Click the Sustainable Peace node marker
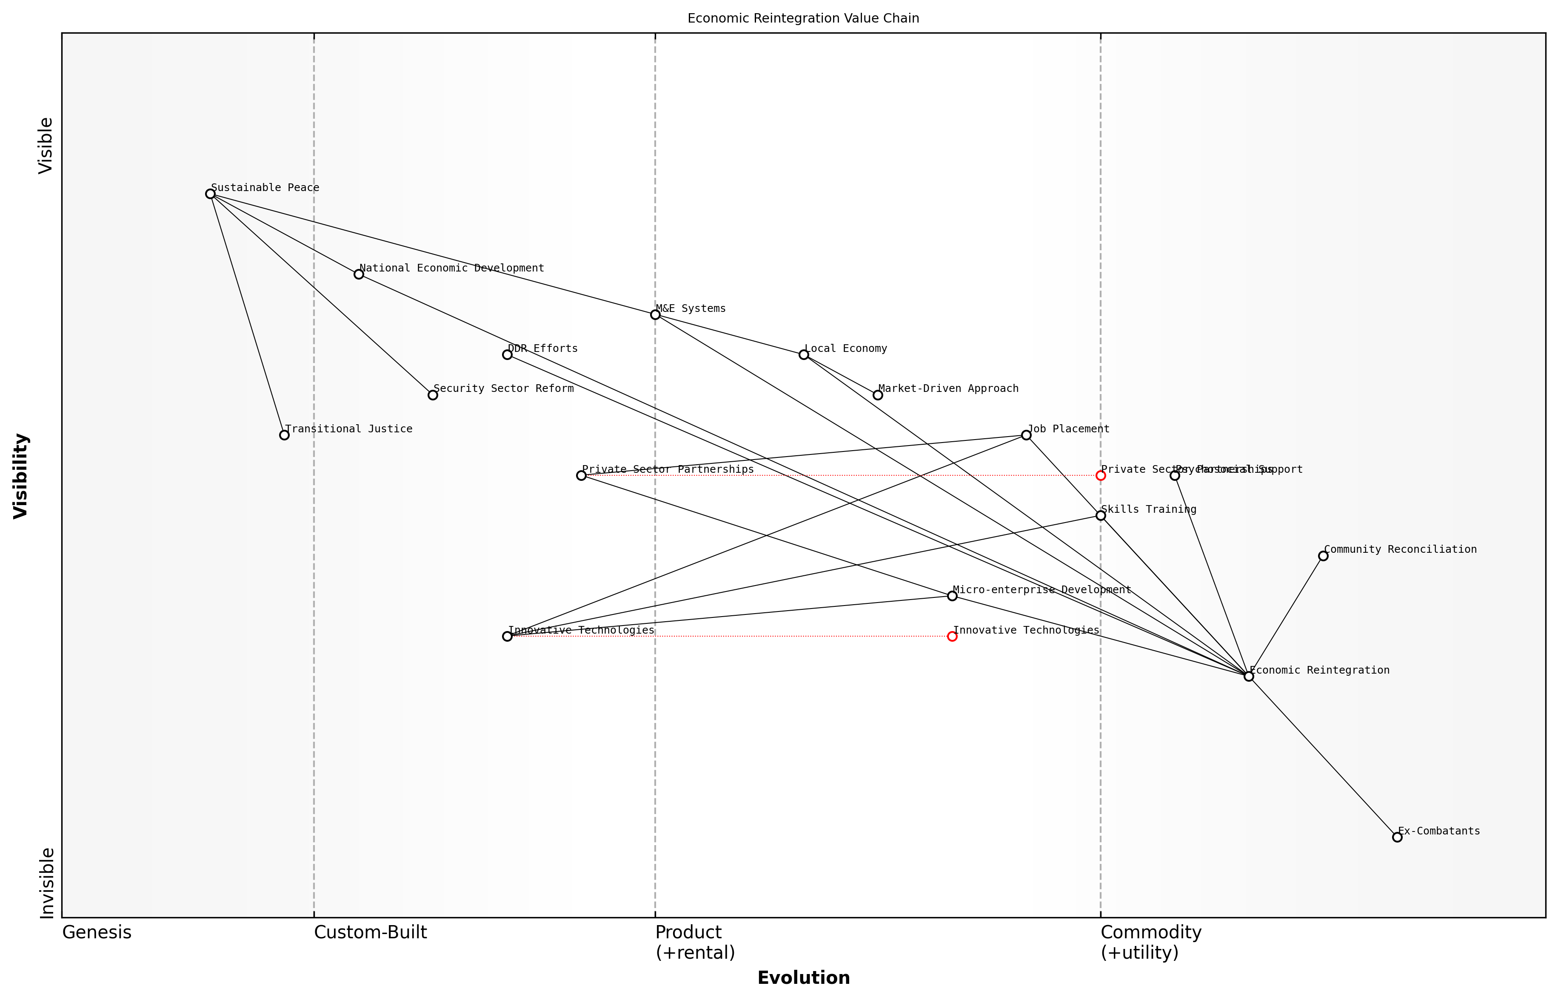coord(210,194)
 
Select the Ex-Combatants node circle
coord(1397,837)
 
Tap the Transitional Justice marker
coord(284,435)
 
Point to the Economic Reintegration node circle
coord(1248,676)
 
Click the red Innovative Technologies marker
coord(952,636)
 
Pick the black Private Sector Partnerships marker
coord(581,475)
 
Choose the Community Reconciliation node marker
coord(1323,556)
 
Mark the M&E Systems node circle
coord(655,314)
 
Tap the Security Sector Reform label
coord(503,389)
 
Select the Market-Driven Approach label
coord(948,389)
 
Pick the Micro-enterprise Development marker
coord(952,595)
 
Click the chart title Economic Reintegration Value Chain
coord(803,18)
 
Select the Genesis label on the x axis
coord(97,932)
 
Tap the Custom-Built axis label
coord(370,932)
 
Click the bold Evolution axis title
coord(803,978)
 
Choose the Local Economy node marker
coord(804,354)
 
